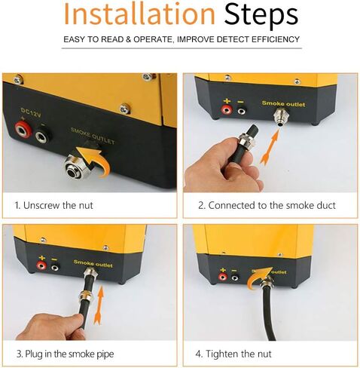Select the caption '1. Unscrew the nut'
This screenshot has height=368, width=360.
53,204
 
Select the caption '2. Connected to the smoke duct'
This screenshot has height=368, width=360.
267,204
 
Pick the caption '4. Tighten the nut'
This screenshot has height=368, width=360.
235,353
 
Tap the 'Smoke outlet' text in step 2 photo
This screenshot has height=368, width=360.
283,103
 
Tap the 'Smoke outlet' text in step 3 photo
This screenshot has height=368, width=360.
93,262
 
